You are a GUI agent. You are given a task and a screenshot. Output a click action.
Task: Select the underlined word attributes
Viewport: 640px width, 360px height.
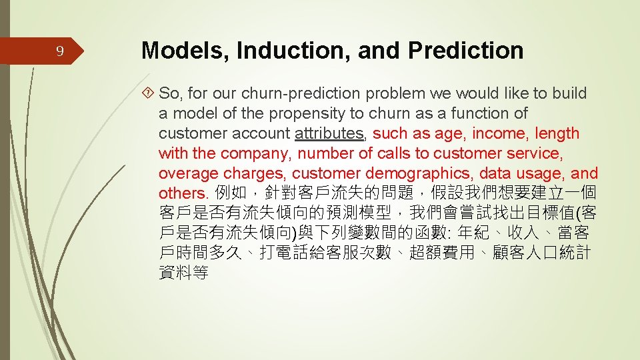point(329,133)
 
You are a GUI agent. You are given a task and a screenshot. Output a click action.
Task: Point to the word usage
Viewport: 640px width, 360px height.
point(538,173)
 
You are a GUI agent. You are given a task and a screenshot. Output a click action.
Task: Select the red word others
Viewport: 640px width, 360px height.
point(184,193)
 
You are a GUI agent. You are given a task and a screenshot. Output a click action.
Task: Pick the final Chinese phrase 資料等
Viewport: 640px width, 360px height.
point(183,273)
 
